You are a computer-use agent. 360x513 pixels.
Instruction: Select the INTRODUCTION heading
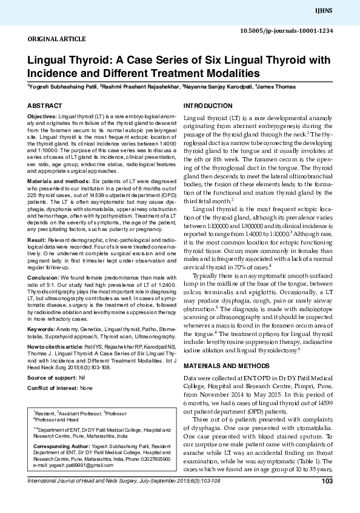tap(208, 106)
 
